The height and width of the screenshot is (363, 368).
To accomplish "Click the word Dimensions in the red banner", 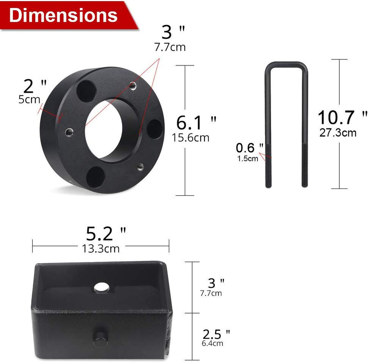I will (x=63, y=15).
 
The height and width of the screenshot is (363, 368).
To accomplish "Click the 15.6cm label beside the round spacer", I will (x=190, y=137).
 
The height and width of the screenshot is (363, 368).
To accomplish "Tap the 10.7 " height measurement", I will (x=342, y=118).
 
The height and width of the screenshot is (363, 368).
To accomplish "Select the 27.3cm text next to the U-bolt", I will (x=338, y=133).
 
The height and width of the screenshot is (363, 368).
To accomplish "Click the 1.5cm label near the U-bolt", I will (x=248, y=159).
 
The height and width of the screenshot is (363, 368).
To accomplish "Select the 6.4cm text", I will (x=213, y=343).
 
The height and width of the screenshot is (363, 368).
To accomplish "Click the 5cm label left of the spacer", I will (x=29, y=99).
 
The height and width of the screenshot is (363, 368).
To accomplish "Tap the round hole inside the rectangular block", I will (x=101, y=288).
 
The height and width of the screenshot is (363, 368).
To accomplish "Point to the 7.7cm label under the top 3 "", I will (x=170, y=47).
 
